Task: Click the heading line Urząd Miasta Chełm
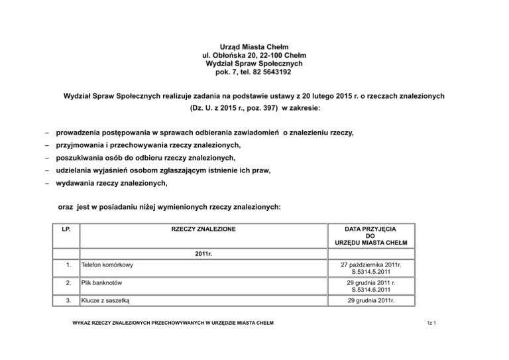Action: (x=254, y=47)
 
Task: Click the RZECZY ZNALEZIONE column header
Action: (x=203, y=229)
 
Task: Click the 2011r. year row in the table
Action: (x=203, y=253)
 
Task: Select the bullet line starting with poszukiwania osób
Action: (x=146, y=158)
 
